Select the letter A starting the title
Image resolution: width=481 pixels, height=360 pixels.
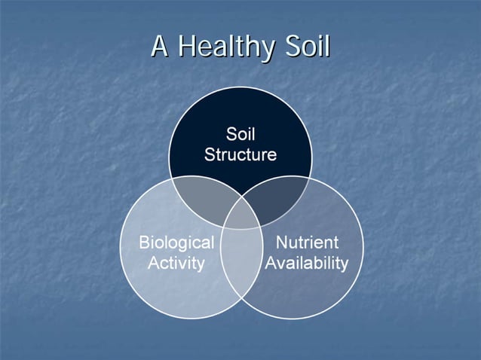(x=160, y=46)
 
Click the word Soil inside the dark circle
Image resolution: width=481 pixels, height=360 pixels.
(x=240, y=136)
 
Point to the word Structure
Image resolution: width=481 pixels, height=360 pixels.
(x=240, y=155)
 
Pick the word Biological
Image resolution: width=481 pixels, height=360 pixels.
(x=176, y=243)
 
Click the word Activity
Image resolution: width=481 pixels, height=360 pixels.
(x=176, y=263)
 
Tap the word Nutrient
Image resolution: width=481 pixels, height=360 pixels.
(x=306, y=243)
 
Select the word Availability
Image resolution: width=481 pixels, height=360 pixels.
(x=306, y=263)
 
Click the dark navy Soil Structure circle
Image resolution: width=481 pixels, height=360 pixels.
(x=240, y=113)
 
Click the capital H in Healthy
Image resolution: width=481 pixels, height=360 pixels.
(x=185, y=46)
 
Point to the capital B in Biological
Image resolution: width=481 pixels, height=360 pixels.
(x=143, y=243)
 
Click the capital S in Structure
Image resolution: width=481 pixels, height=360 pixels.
(x=209, y=155)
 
